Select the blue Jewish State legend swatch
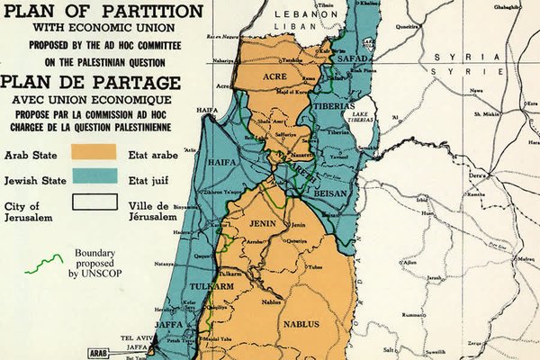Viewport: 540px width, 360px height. pos(94,178)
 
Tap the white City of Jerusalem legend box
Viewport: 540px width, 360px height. pos(94,204)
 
